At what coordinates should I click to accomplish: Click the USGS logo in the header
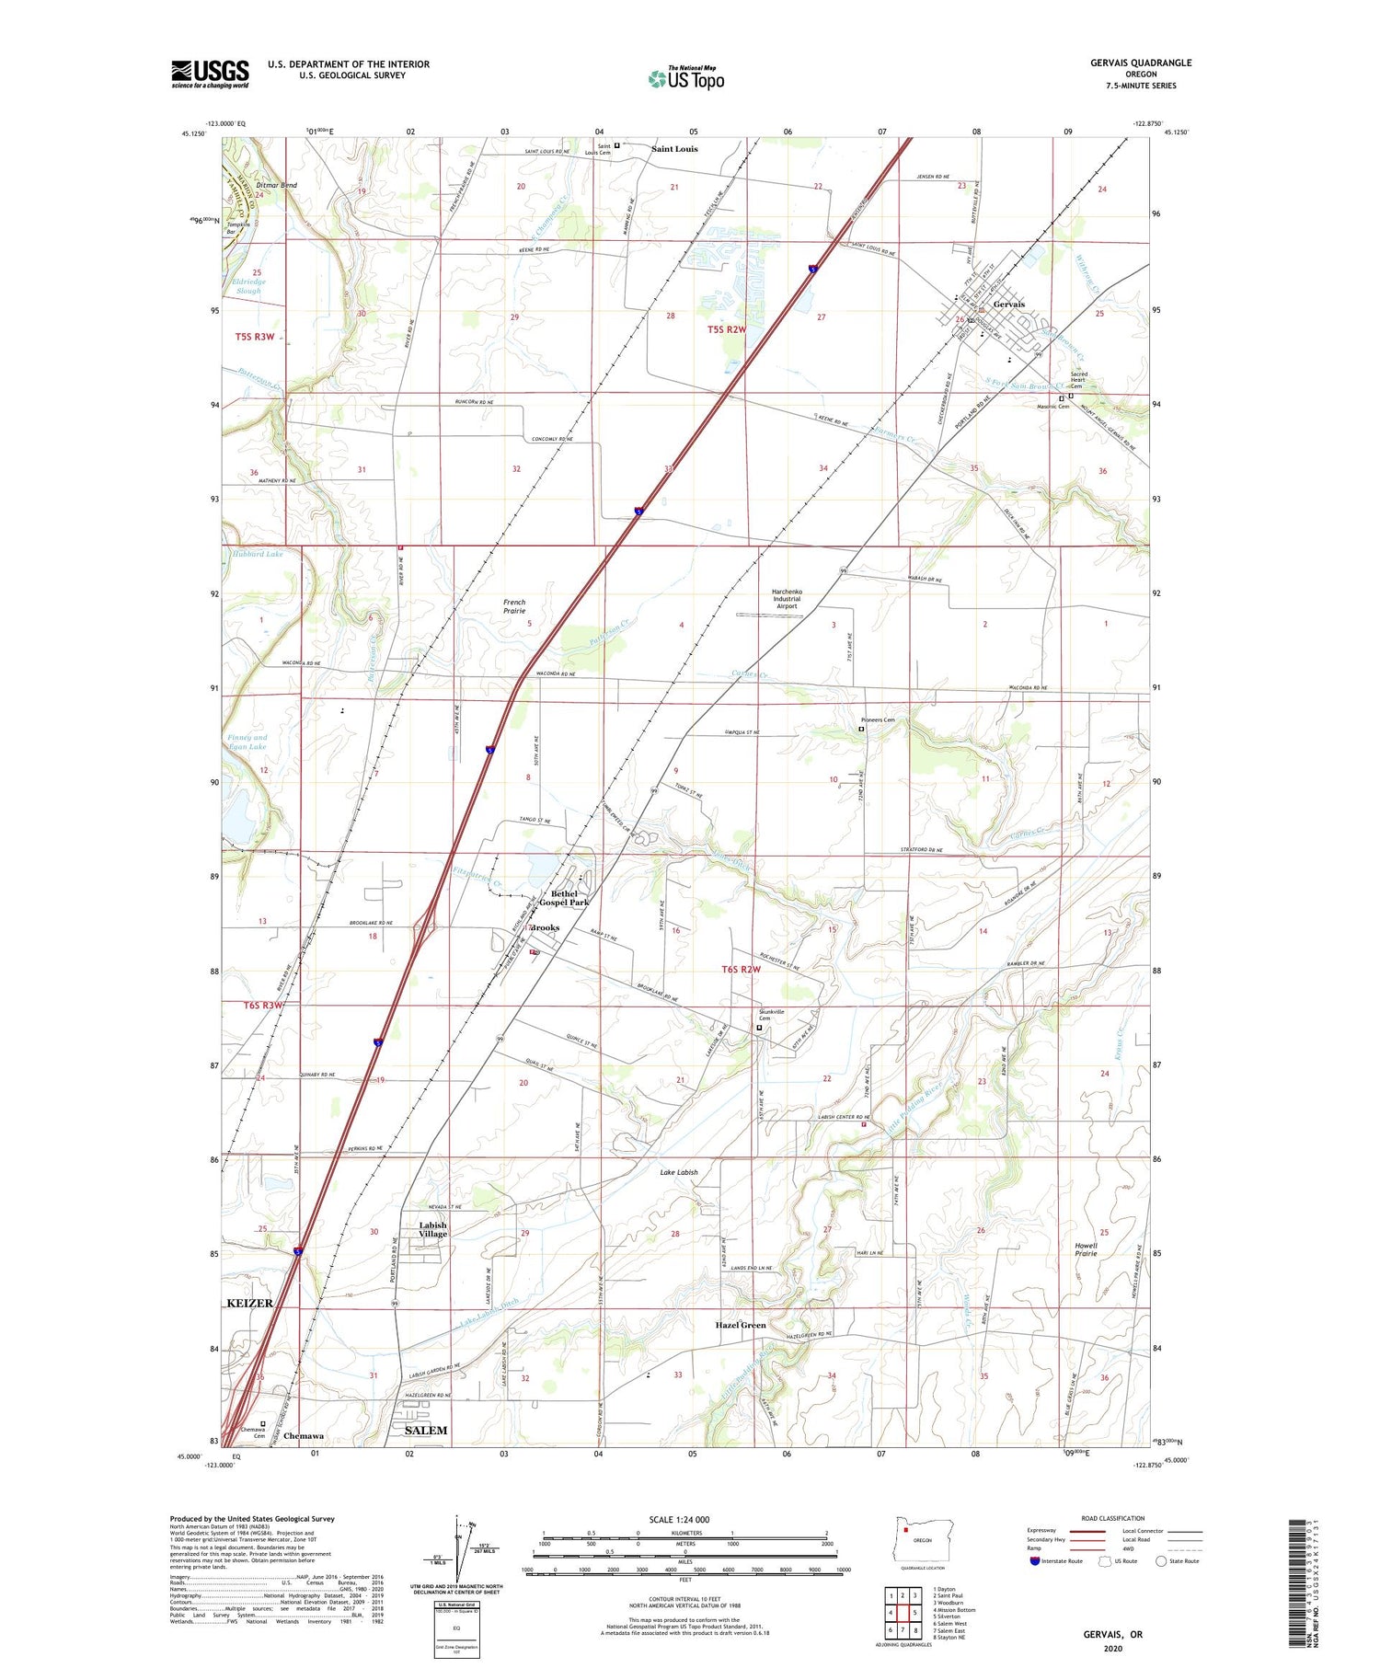210,74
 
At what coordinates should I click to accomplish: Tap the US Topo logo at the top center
685,79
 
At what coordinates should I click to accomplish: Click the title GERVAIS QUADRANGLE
1137,63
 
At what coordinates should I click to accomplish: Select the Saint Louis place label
674,149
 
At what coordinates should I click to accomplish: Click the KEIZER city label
248,1304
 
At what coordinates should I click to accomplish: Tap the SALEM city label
426,1431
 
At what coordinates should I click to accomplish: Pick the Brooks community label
545,927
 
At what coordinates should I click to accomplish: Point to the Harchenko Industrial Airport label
787,599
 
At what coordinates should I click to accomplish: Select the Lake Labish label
679,1172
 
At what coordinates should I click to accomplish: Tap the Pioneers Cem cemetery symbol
861,730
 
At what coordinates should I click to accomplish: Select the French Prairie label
514,606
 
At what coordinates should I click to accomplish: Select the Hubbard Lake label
258,554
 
